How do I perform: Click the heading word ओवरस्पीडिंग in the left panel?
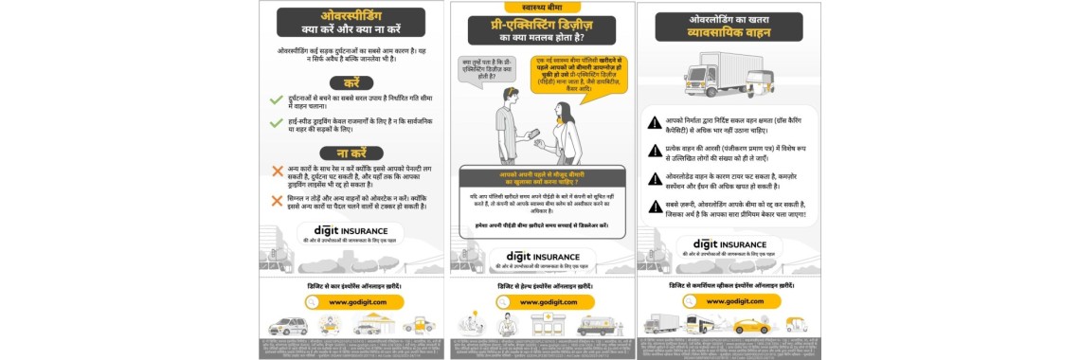[351, 15]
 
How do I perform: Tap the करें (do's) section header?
[351, 82]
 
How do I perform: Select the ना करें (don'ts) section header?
[351, 152]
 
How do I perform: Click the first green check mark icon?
[277, 99]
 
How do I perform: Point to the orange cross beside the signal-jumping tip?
[277, 198]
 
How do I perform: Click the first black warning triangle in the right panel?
[654, 122]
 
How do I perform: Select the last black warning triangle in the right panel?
[654, 207]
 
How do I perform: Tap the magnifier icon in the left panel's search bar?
[315, 301]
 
